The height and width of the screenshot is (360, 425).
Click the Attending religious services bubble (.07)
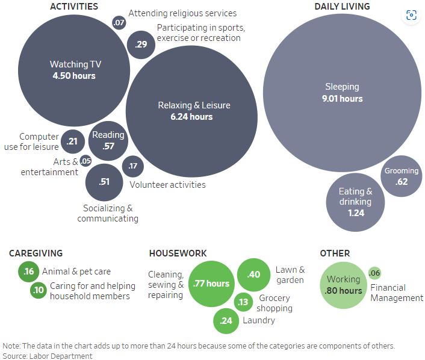(x=119, y=23)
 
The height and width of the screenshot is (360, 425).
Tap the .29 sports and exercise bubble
(x=141, y=44)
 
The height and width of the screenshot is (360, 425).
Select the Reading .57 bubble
(x=108, y=140)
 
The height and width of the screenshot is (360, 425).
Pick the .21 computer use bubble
(x=73, y=141)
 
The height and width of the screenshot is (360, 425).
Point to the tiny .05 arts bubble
(x=85, y=161)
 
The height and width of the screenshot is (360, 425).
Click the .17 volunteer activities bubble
(x=133, y=166)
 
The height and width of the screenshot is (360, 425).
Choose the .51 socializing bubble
(x=104, y=181)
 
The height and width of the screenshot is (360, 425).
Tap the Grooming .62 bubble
(x=402, y=176)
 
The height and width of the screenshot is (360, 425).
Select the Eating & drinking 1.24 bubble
(x=355, y=202)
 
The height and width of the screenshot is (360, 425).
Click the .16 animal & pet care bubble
(x=29, y=272)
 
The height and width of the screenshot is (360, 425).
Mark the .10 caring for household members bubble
(x=39, y=291)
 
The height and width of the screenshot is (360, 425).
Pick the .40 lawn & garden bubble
(x=253, y=275)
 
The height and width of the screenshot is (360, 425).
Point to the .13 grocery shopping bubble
(x=243, y=302)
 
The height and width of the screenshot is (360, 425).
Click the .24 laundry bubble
(x=226, y=320)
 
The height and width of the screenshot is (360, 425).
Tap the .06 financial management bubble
(x=374, y=273)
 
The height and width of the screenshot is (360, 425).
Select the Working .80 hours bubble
(x=343, y=285)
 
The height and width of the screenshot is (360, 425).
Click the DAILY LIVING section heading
(x=342, y=7)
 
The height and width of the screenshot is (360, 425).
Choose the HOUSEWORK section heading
(x=178, y=253)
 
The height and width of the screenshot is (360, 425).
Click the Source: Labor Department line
(x=48, y=356)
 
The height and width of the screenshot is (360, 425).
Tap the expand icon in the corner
(x=411, y=16)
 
